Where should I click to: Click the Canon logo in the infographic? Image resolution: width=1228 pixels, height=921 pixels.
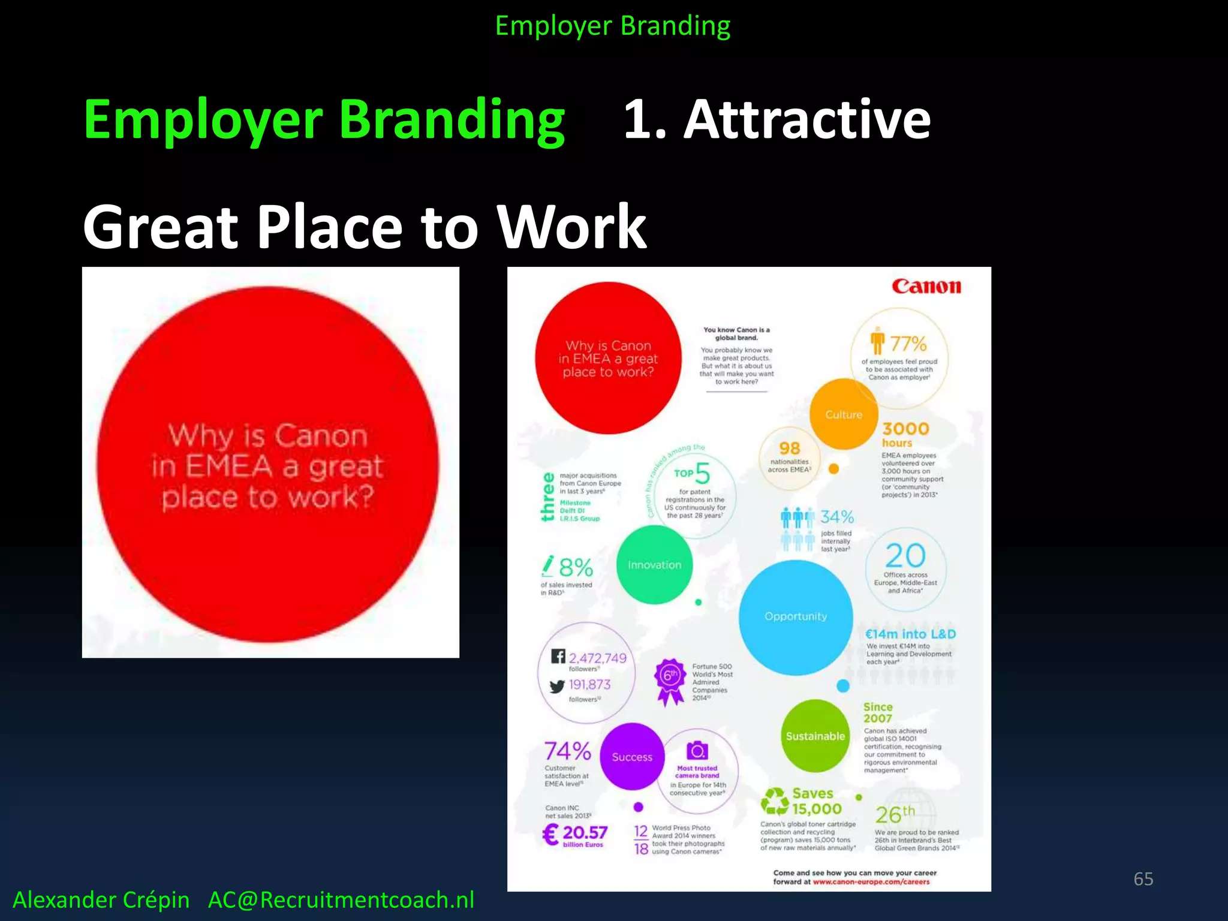point(926,286)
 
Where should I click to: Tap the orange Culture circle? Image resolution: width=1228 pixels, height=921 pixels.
point(844,414)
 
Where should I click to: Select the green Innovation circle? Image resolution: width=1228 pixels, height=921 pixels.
point(654,565)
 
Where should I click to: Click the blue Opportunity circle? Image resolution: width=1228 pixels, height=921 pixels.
point(796,616)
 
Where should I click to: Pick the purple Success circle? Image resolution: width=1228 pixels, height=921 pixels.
point(632,757)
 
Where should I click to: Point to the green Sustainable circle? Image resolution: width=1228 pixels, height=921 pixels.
point(815,736)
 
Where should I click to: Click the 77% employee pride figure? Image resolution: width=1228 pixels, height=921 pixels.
point(908,344)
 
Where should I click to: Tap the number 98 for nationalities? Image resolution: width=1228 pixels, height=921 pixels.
point(790,448)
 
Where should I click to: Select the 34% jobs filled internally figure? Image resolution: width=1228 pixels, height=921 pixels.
point(837,517)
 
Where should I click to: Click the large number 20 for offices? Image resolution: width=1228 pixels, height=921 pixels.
point(905,556)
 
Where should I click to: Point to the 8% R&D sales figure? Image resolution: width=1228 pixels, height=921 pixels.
point(576,567)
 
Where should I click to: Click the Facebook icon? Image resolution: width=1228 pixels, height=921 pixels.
point(558,656)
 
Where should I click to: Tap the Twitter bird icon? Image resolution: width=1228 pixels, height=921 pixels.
point(558,687)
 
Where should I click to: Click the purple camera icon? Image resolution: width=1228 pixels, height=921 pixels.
point(697,750)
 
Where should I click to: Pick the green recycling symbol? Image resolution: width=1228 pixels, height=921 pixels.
point(775,802)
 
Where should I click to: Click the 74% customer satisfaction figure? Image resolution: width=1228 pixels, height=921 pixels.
point(567,750)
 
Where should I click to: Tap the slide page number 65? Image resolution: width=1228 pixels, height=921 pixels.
point(1143,879)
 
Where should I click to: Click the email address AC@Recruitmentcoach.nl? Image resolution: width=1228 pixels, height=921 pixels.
point(341,900)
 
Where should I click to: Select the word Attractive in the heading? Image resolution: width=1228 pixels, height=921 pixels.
point(807,119)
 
